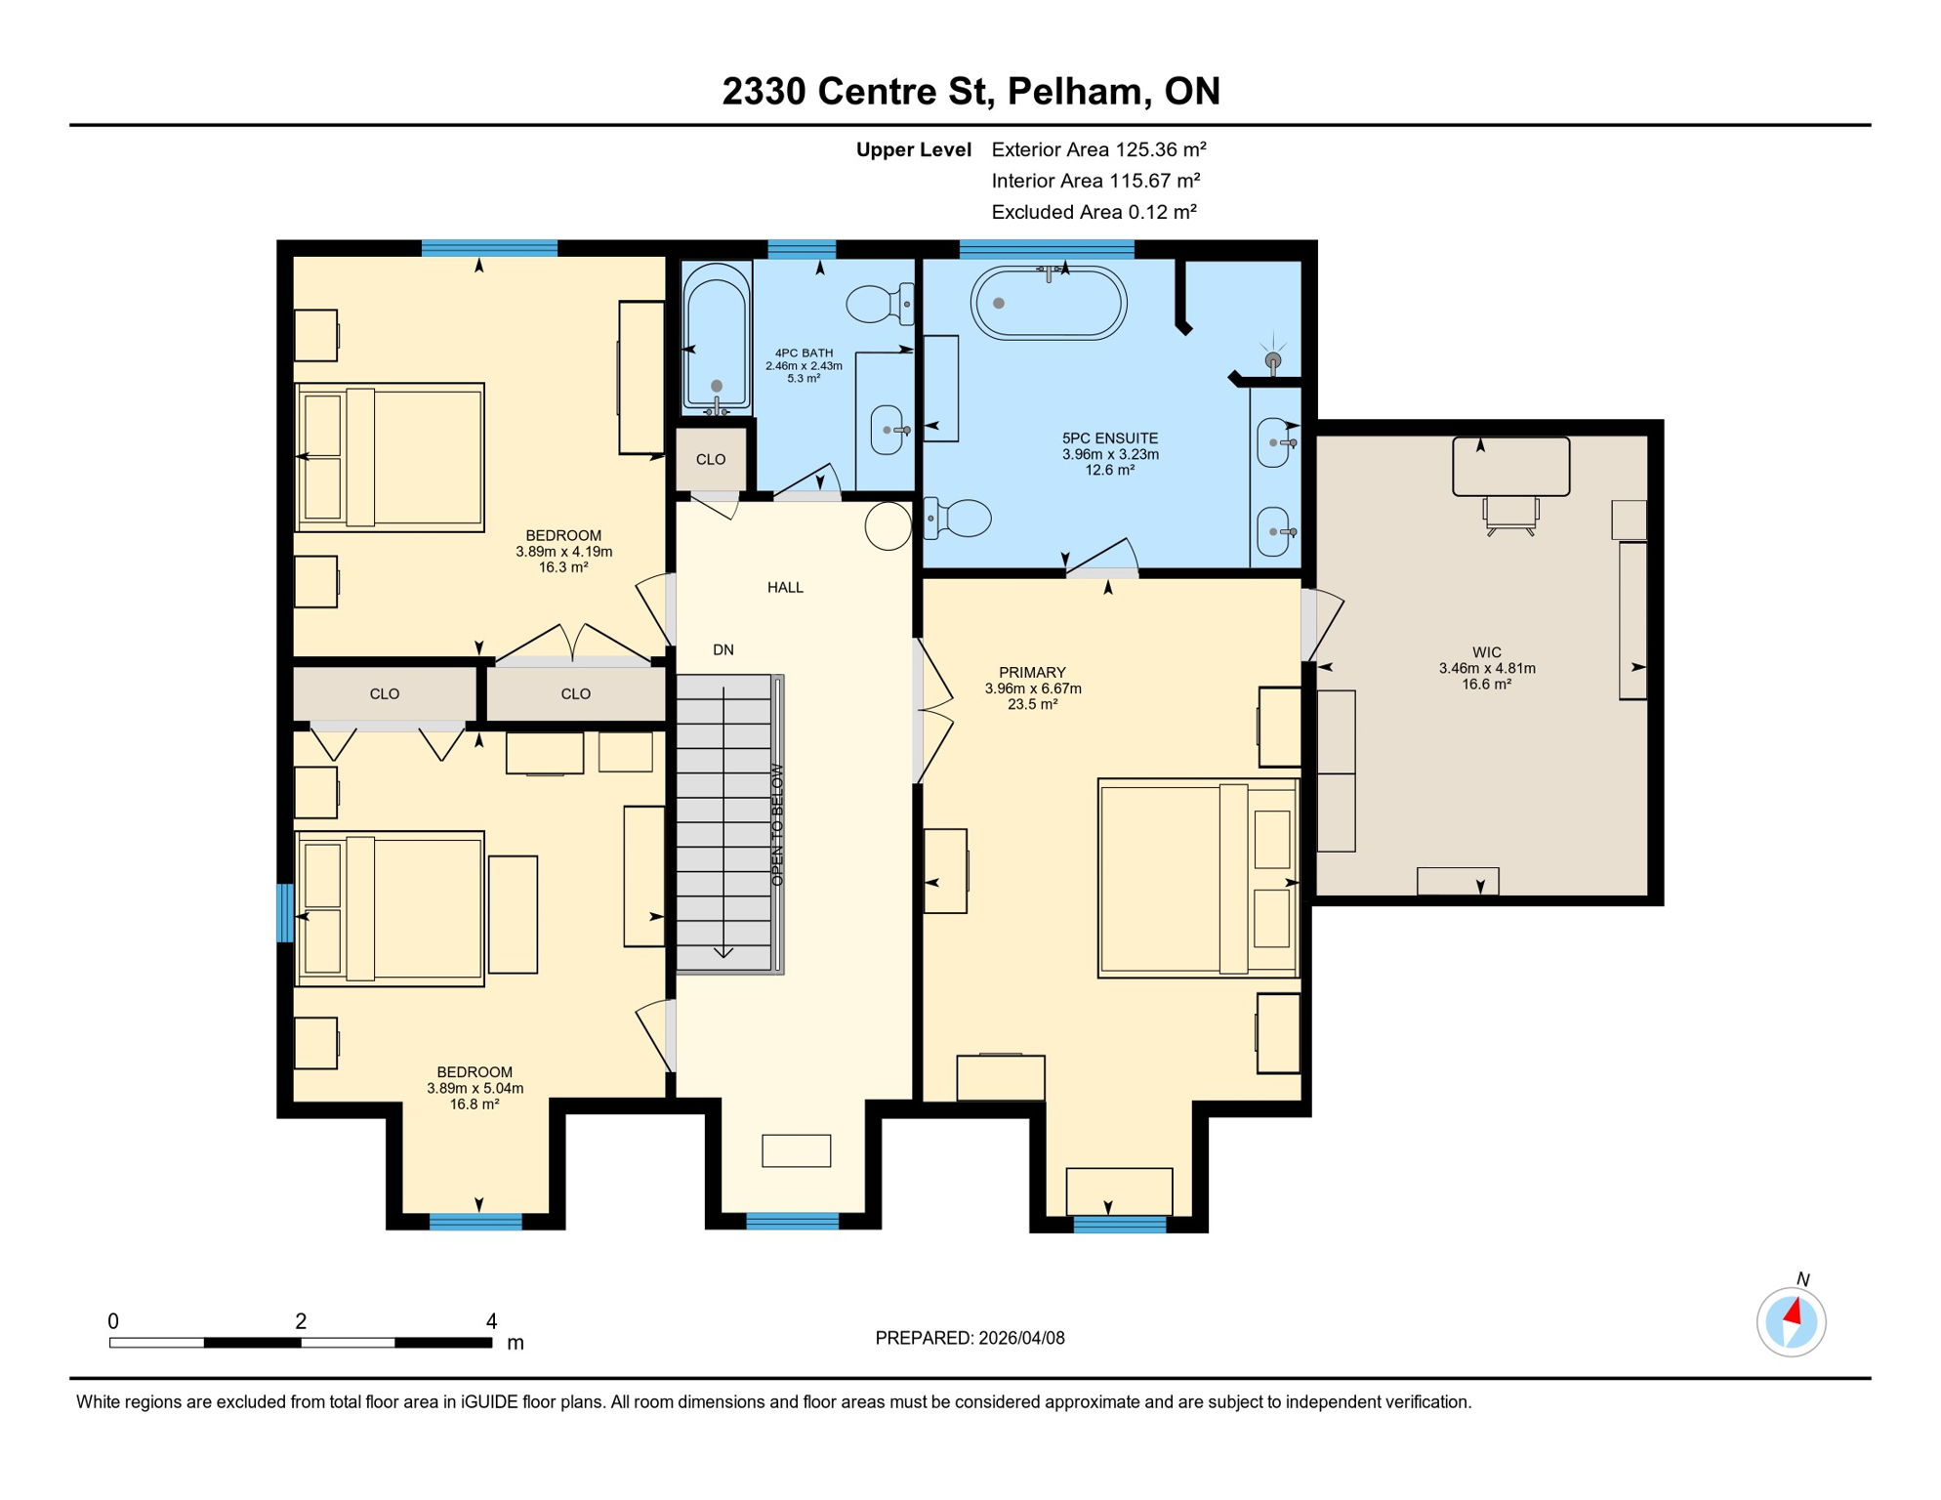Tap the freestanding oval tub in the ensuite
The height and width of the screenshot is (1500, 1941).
[1048, 304]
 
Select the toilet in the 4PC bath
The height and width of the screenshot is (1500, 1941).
[878, 304]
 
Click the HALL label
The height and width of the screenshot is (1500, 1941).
[785, 587]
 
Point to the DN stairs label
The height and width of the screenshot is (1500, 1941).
[723, 649]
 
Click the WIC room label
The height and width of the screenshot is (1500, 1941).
[1486, 652]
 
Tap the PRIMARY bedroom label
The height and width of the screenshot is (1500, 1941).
[1032, 672]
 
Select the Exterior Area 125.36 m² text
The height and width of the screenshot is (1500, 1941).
[1098, 149]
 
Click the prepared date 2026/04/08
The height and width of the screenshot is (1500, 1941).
[970, 1338]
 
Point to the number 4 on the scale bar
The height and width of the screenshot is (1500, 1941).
[491, 1321]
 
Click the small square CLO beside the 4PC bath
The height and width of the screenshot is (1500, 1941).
[711, 459]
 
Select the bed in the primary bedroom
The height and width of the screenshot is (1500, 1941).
[1197, 878]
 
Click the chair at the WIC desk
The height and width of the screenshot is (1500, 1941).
[1510, 515]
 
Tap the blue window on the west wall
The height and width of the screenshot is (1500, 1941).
[285, 913]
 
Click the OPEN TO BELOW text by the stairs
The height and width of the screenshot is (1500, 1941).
[777, 824]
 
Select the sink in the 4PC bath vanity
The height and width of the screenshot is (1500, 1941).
[887, 430]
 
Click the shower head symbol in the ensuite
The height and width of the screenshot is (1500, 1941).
[1272, 360]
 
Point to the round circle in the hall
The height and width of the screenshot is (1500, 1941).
[888, 526]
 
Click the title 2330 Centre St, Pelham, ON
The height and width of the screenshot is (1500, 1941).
[970, 91]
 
